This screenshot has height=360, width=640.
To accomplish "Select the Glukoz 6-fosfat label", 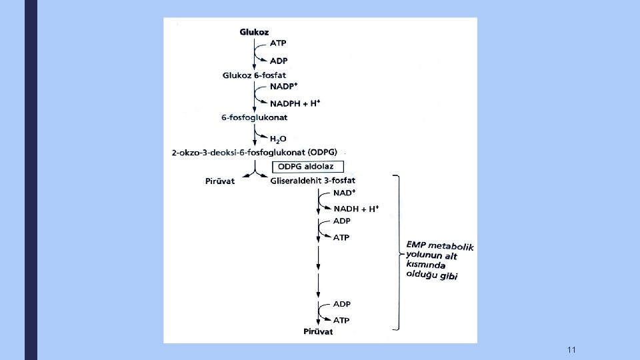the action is [x=254, y=75].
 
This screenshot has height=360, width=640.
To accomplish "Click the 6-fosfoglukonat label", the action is [x=254, y=118].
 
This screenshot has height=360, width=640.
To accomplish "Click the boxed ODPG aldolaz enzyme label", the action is [x=307, y=166].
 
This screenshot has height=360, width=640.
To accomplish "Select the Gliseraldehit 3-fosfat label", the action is [x=313, y=181].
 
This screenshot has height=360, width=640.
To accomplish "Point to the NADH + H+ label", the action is [x=356, y=209].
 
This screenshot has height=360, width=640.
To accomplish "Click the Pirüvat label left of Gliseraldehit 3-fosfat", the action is [x=220, y=181].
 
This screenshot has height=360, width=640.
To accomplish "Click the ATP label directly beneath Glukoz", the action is [x=279, y=43].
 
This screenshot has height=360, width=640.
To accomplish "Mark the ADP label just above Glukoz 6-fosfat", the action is [x=279, y=61].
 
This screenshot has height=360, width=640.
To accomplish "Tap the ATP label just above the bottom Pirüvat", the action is [x=341, y=320].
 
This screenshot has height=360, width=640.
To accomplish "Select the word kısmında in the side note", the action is [x=424, y=264].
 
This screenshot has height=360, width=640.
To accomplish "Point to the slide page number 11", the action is [x=571, y=350].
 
